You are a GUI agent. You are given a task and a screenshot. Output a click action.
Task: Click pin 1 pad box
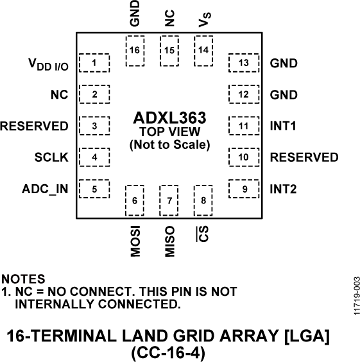94,63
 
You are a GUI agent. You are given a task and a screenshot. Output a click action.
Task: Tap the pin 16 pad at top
135,50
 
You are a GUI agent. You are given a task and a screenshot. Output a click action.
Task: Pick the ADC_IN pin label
45,189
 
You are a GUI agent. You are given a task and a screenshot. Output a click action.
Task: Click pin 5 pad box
94,189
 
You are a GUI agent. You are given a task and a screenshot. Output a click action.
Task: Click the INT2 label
283,189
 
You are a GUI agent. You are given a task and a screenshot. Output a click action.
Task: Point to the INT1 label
283,126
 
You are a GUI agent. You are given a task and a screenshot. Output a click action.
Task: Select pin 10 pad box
243,157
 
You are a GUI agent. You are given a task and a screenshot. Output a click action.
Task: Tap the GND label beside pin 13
284,64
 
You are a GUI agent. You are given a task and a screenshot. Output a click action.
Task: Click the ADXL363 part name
169,118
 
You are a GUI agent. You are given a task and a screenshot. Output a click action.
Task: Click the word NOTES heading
24,279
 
